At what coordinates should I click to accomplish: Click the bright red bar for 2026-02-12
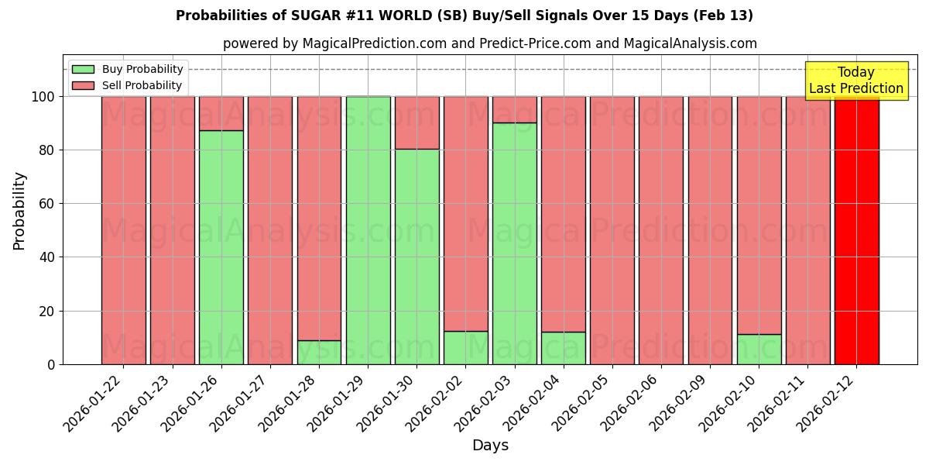point(856,230)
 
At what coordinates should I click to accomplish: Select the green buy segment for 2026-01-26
point(221,247)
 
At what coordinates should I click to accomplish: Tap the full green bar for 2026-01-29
point(368,230)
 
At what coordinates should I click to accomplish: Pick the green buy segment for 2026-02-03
point(514,243)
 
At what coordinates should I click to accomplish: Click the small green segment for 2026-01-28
point(319,353)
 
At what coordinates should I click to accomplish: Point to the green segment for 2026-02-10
point(759,350)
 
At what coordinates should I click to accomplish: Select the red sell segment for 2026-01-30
point(417,122)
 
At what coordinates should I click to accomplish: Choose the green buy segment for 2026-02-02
point(465,348)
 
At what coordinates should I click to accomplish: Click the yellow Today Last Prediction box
point(855,81)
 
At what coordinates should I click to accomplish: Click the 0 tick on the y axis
point(51,364)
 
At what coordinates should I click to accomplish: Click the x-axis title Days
point(490,446)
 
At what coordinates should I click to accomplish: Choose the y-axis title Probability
point(19,210)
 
